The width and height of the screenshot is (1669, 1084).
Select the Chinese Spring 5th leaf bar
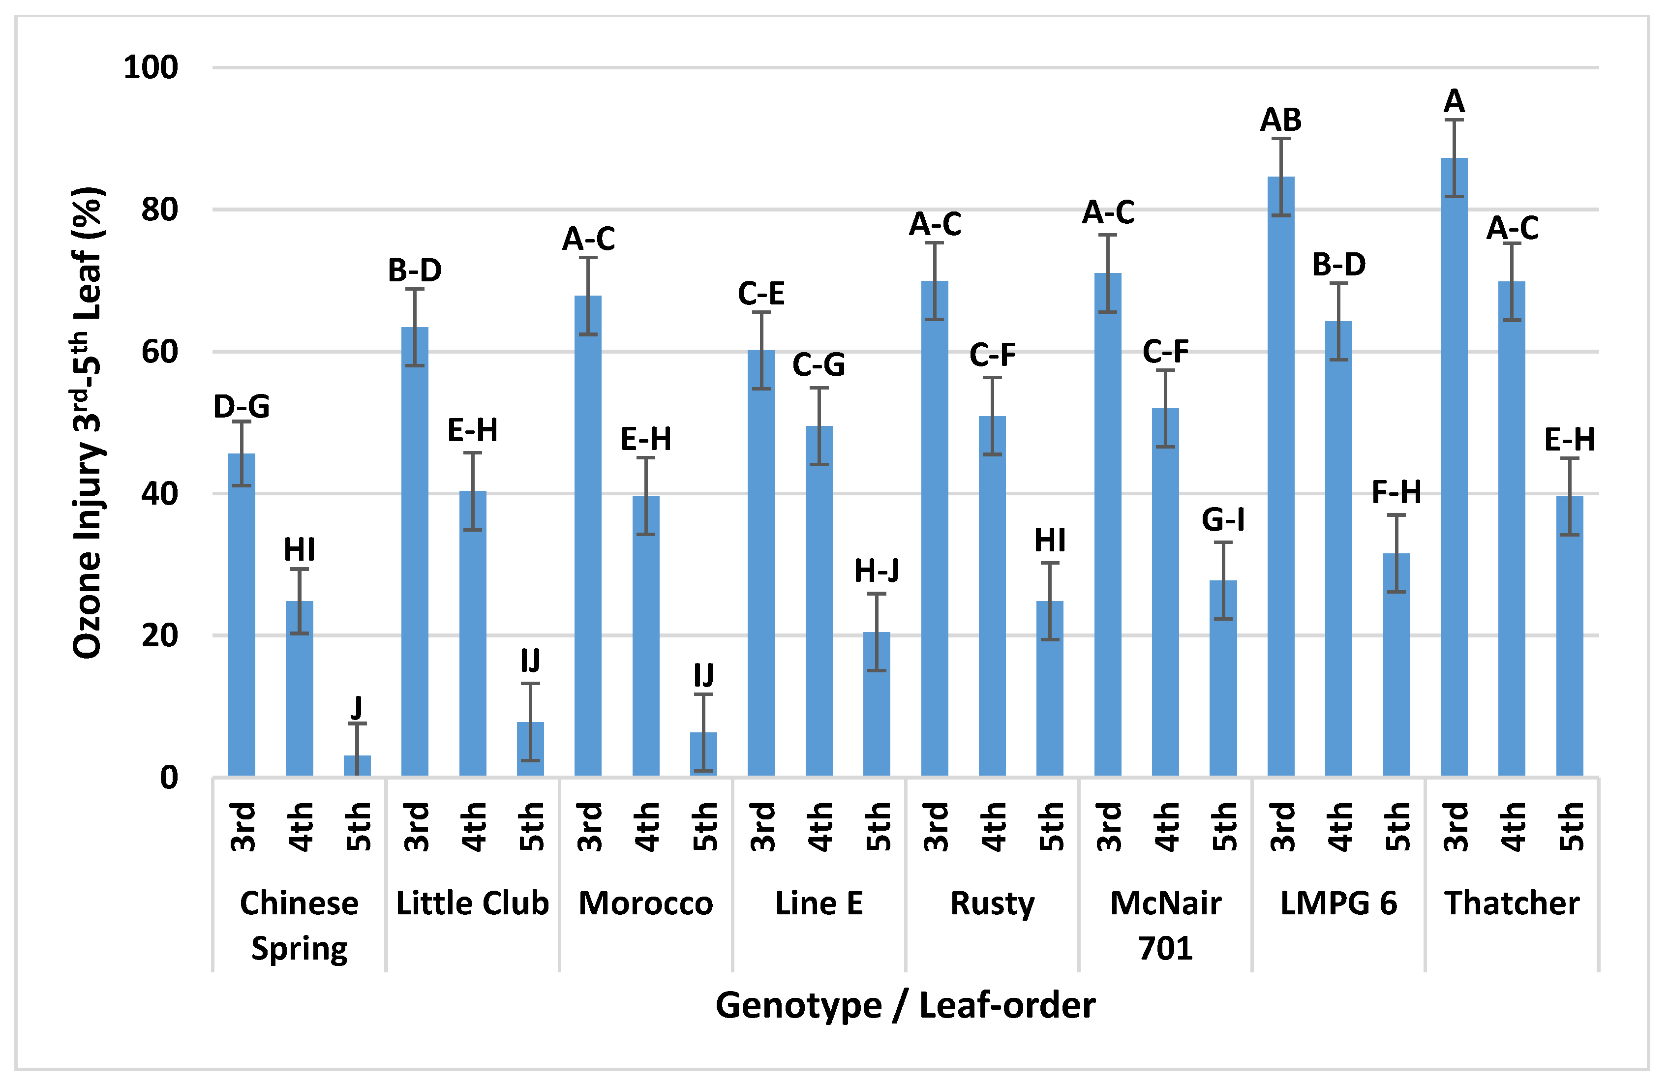[x=357, y=766]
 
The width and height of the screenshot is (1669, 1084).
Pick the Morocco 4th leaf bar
[x=645, y=638]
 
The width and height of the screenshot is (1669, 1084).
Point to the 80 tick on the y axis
[x=159, y=210]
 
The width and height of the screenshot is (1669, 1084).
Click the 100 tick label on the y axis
[x=150, y=67]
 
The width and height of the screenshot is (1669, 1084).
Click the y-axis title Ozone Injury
[x=89, y=421]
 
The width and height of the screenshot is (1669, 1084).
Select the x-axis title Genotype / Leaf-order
[x=905, y=1005]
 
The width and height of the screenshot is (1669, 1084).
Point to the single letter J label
[x=357, y=707]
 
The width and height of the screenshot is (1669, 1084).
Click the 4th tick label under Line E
[x=819, y=827]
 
